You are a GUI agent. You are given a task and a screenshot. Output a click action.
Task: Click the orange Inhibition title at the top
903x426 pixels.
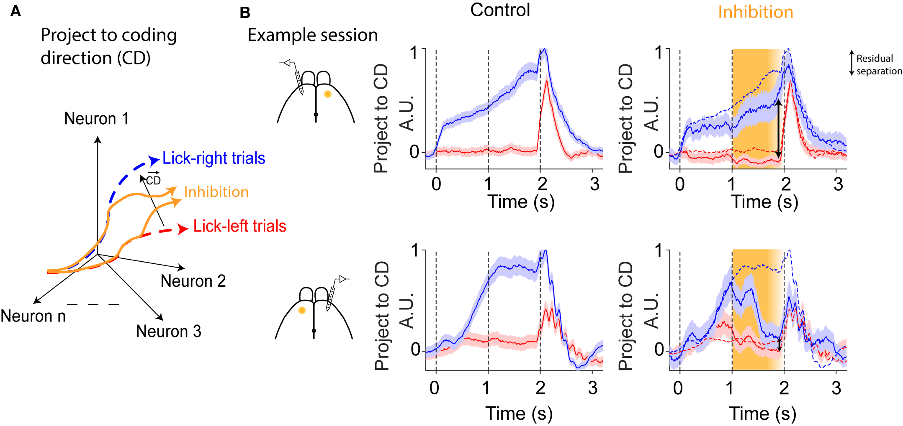(x=755, y=12)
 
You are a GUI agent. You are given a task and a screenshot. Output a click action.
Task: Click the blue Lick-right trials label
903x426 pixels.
(x=214, y=158)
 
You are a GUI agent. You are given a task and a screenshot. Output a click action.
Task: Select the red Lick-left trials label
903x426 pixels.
(x=239, y=226)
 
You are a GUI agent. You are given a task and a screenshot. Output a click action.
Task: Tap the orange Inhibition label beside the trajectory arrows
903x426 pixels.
(x=216, y=192)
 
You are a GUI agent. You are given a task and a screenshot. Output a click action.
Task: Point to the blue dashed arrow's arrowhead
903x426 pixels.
(x=155, y=160)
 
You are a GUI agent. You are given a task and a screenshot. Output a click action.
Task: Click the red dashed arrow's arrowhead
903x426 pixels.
(x=183, y=229)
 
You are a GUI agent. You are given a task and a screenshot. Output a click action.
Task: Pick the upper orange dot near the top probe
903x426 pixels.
(x=328, y=94)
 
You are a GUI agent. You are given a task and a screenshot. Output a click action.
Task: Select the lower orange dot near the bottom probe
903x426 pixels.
(x=302, y=310)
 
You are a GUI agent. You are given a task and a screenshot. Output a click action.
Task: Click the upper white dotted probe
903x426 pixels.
(x=299, y=82)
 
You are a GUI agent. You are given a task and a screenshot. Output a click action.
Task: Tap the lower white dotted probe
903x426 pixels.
(x=330, y=298)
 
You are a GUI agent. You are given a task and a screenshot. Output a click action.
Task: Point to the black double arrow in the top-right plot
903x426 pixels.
(x=778, y=128)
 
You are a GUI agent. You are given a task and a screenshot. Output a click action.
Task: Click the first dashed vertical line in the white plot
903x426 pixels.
(x=436, y=309)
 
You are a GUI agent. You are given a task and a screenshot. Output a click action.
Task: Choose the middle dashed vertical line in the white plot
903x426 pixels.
(x=488, y=309)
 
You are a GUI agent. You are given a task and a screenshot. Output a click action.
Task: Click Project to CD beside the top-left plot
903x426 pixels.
(x=381, y=118)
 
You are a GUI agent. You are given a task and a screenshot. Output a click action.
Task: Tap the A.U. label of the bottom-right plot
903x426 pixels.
(x=651, y=311)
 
